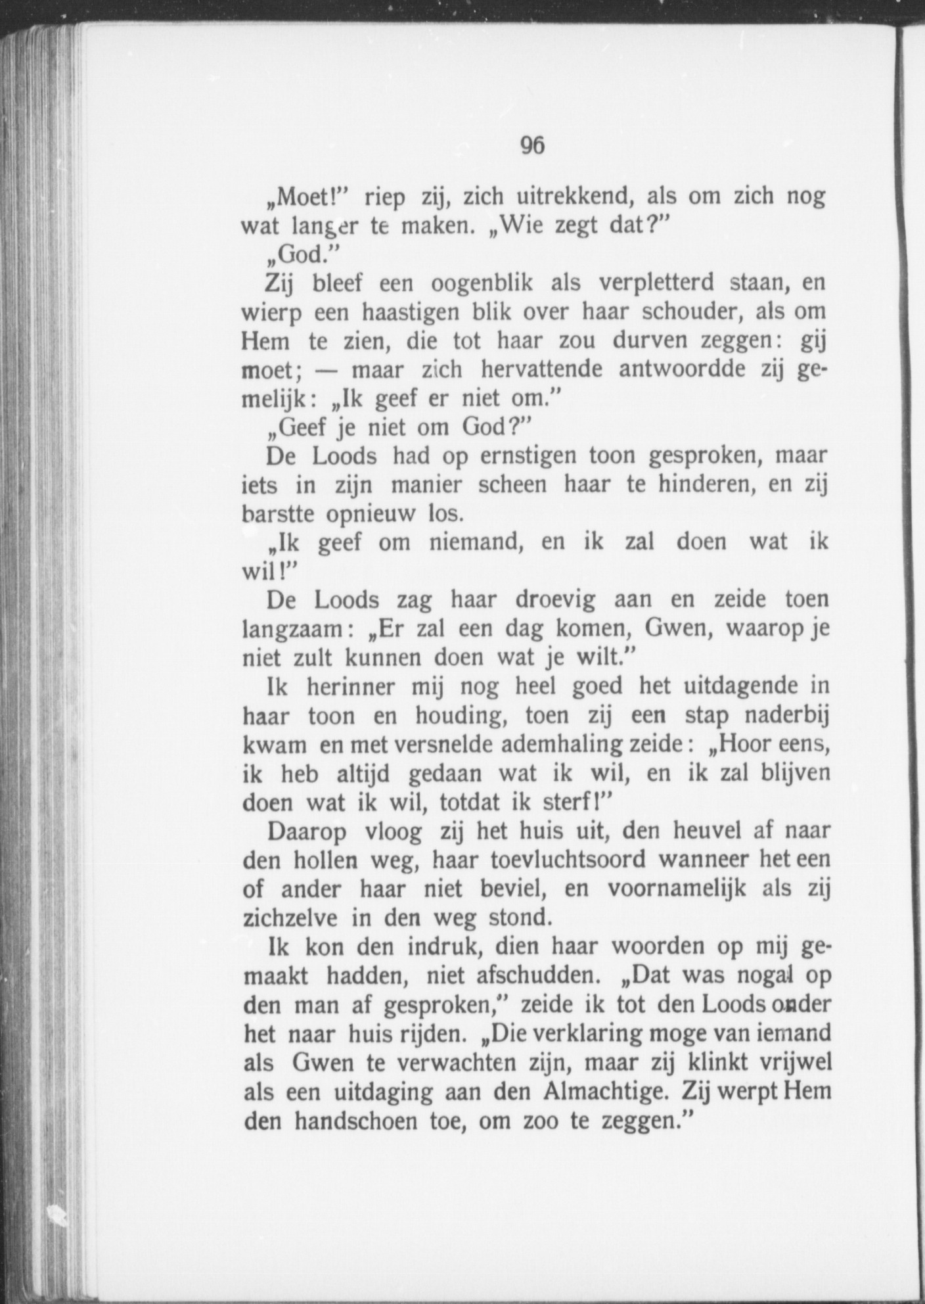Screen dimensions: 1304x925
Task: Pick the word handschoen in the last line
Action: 353,1121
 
